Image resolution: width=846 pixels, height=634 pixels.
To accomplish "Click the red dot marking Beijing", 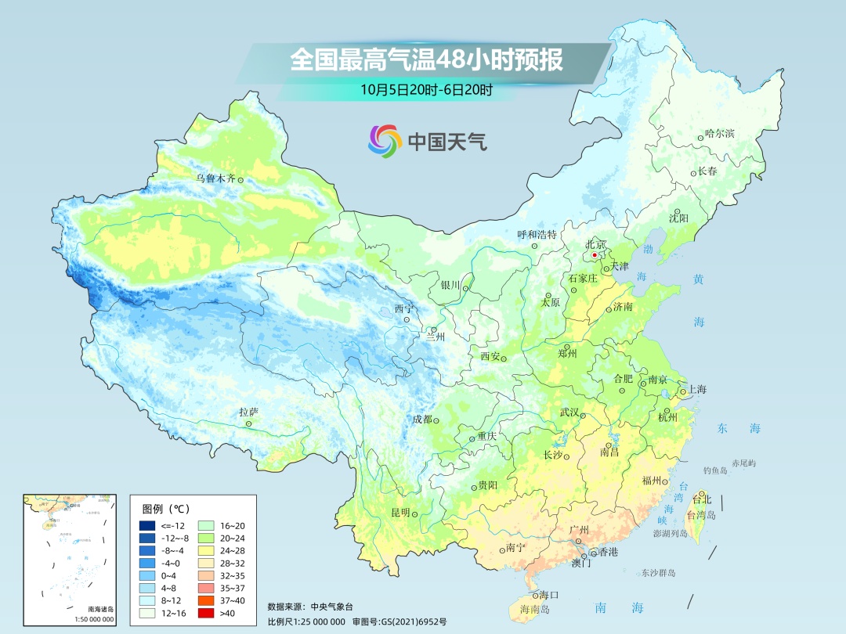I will pyautogui.click(x=595, y=255).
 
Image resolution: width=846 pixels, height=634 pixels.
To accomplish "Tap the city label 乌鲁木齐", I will pyautogui.click(x=215, y=178).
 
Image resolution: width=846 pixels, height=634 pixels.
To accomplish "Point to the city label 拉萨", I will pyautogui.click(x=248, y=412).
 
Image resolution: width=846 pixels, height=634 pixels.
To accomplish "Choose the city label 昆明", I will pyautogui.click(x=399, y=513).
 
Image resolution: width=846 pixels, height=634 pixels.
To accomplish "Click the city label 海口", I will pyautogui.click(x=550, y=595).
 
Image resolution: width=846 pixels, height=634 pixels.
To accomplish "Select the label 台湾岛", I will pyautogui.click(x=701, y=516).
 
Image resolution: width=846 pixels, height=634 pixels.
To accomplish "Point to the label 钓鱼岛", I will pyautogui.click(x=717, y=470).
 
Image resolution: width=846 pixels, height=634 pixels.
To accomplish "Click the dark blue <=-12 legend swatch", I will pyautogui.click(x=146, y=524).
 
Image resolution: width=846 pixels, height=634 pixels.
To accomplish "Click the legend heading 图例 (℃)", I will pyautogui.click(x=167, y=508).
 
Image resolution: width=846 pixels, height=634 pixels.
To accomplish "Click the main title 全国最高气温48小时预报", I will pyautogui.click(x=426, y=60).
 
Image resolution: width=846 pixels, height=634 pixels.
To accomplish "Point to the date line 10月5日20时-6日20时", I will pyautogui.click(x=426, y=89).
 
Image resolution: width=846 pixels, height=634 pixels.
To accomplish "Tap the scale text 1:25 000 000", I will pyautogui.click(x=316, y=621).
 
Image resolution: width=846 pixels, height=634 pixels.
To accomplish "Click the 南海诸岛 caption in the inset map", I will pyautogui.click(x=100, y=609).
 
